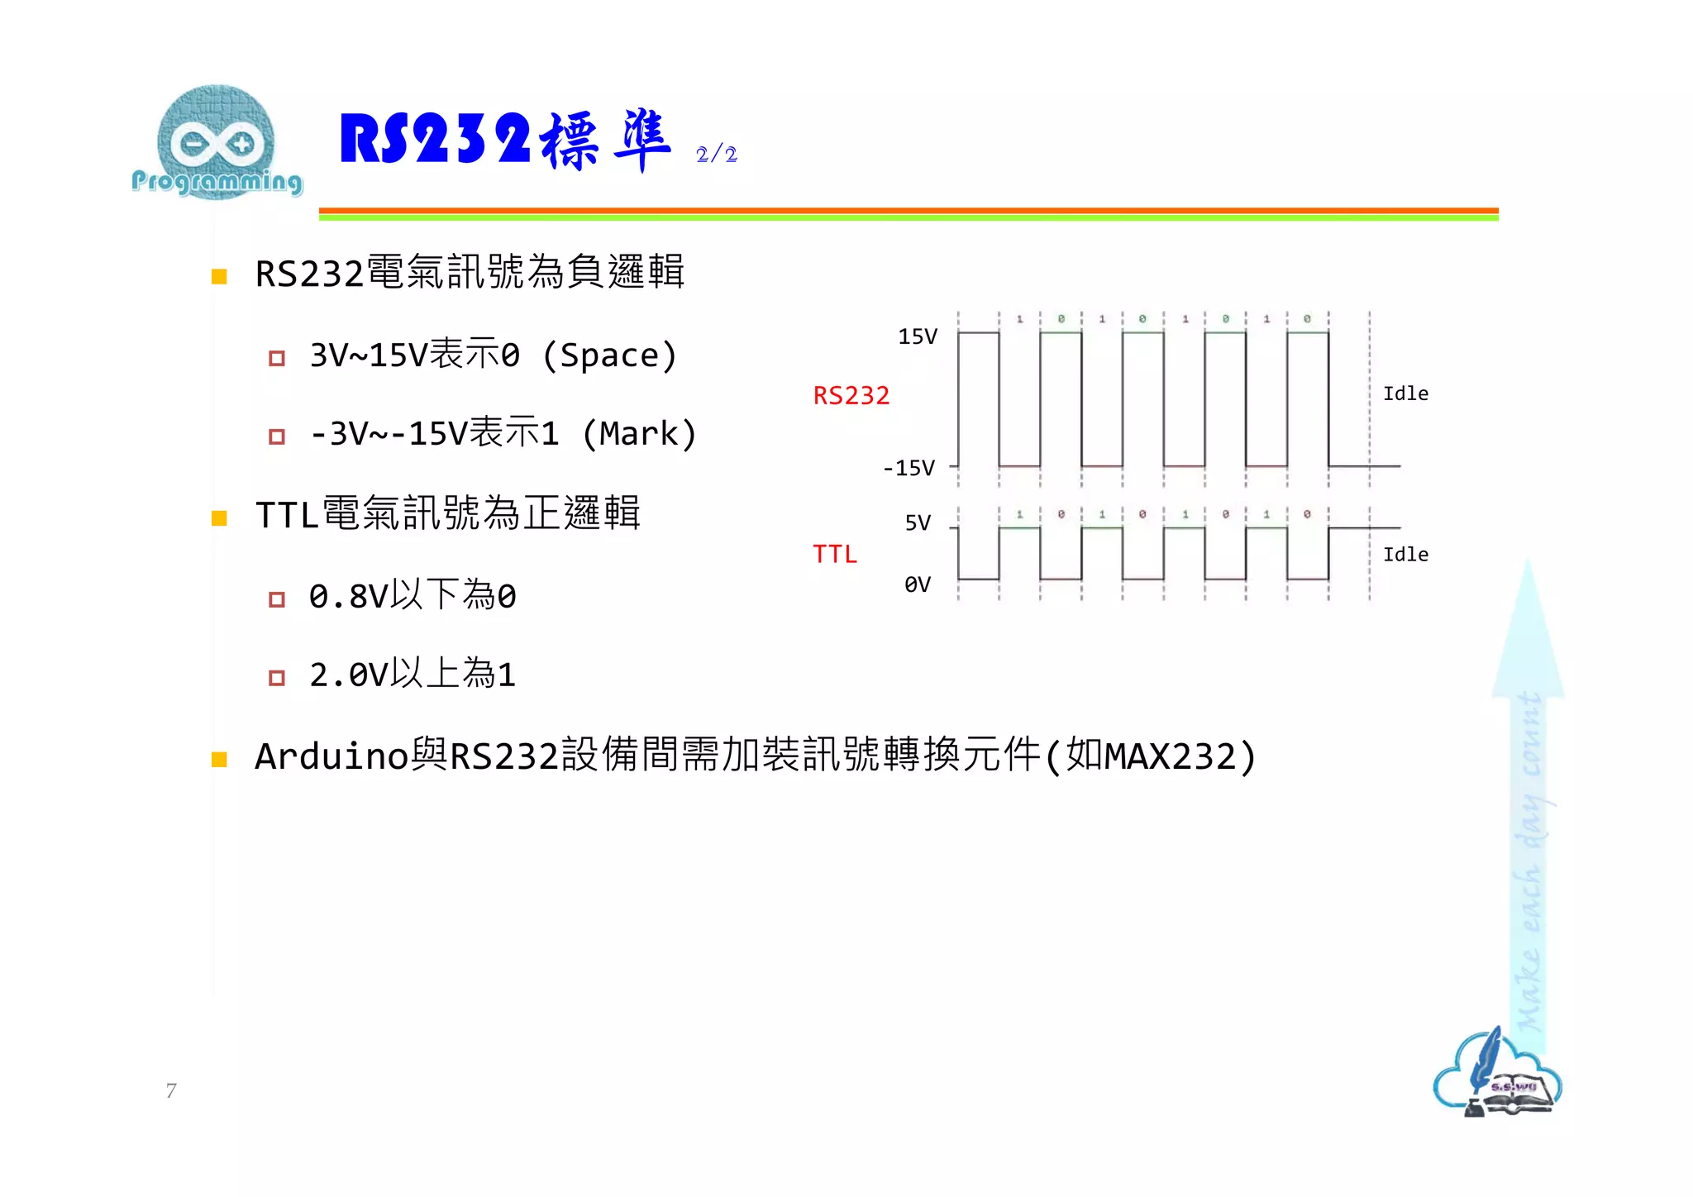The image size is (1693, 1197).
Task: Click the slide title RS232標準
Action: (x=504, y=141)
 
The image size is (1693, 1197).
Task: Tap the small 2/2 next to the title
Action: (x=716, y=155)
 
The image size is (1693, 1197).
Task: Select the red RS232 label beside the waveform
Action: (x=851, y=396)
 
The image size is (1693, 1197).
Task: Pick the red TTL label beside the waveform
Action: (x=834, y=555)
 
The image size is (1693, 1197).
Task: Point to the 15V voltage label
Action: (x=918, y=337)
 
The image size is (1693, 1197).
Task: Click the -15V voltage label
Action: (x=908, y=469)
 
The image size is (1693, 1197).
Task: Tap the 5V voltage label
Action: (x=918, y=523)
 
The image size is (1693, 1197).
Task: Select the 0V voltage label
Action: (x=918, y=585)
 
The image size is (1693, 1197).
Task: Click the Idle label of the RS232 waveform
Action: (x=1405, y=394)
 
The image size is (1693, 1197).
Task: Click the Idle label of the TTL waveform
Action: (x=1405, y=555)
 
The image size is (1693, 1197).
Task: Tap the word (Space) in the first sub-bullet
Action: (x=609, y=356)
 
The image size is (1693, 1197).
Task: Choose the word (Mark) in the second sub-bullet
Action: (x=639, y=434)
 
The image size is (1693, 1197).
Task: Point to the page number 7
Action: (x=171, y=1091)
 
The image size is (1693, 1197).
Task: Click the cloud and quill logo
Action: (x=1497, y=1074)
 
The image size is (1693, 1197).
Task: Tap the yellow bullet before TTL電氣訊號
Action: (x=219, y=518)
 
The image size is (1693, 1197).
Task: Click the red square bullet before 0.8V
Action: (x=277, y=599)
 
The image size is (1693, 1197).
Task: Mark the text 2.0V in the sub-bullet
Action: (x=348, y=675)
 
